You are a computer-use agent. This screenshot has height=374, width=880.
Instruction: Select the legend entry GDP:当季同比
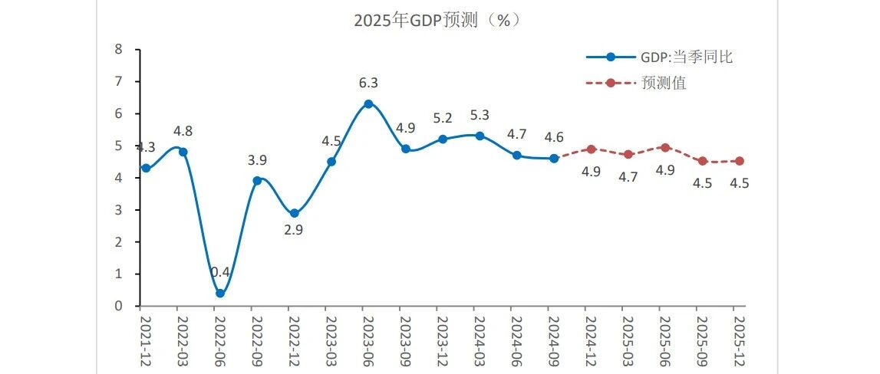pos(660,57)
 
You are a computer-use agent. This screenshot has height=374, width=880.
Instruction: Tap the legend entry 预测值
pos(637,83)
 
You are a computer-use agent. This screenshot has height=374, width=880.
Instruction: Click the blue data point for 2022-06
pos(220,294)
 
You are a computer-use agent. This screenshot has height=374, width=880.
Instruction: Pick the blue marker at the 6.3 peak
pos(368,103)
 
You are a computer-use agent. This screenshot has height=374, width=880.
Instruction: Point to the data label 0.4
pos(220,272)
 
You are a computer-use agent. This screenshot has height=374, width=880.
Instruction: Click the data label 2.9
pos(294,230)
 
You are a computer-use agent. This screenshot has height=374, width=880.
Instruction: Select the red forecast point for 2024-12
pos(591,149)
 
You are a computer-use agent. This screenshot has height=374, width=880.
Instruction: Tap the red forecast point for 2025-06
pos(665,147)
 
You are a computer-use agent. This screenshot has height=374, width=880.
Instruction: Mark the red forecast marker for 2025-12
pos(739,161)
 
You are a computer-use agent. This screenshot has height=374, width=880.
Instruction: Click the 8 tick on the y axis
pos(118,49)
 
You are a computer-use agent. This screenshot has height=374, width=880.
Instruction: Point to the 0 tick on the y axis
pos(118,306)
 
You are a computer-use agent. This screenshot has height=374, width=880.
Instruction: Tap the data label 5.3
pos(479,115)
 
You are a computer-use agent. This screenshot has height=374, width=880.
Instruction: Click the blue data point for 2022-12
pos(294,213)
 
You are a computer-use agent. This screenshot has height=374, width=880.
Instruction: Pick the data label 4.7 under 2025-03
pos(628,178)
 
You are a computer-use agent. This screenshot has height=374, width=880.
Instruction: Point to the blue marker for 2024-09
pos(554,159)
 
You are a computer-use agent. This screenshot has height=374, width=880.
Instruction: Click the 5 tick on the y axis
pos(118,146)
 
